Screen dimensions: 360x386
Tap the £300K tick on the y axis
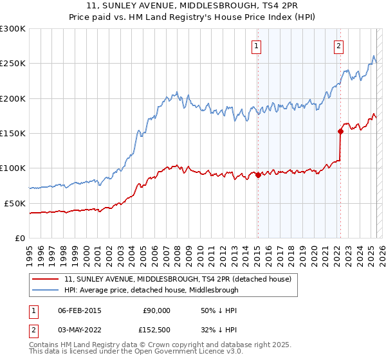[13, 29]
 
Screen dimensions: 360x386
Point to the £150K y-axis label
[13, 134]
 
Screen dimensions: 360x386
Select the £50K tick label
[15, 203]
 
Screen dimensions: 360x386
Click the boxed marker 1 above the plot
[257, 46]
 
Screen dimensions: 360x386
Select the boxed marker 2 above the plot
[338, 46]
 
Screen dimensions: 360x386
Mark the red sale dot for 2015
[258, 175]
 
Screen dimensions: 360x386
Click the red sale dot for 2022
[340, 131]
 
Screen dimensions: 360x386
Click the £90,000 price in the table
[155, 310]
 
